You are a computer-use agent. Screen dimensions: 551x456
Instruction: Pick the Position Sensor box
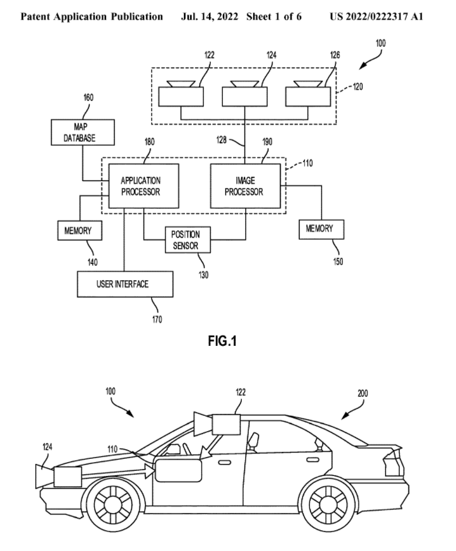[186, 240]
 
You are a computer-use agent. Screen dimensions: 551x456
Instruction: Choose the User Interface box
[124, 284]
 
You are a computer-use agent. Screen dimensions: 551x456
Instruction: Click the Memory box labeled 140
[78, 230]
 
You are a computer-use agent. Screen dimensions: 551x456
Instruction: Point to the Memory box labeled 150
[322, 228]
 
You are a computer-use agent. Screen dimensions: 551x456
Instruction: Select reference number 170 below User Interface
[157, 320]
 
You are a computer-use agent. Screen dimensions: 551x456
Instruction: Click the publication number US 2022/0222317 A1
[386, 15]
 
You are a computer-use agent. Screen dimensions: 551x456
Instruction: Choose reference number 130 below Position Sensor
[203, 275]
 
